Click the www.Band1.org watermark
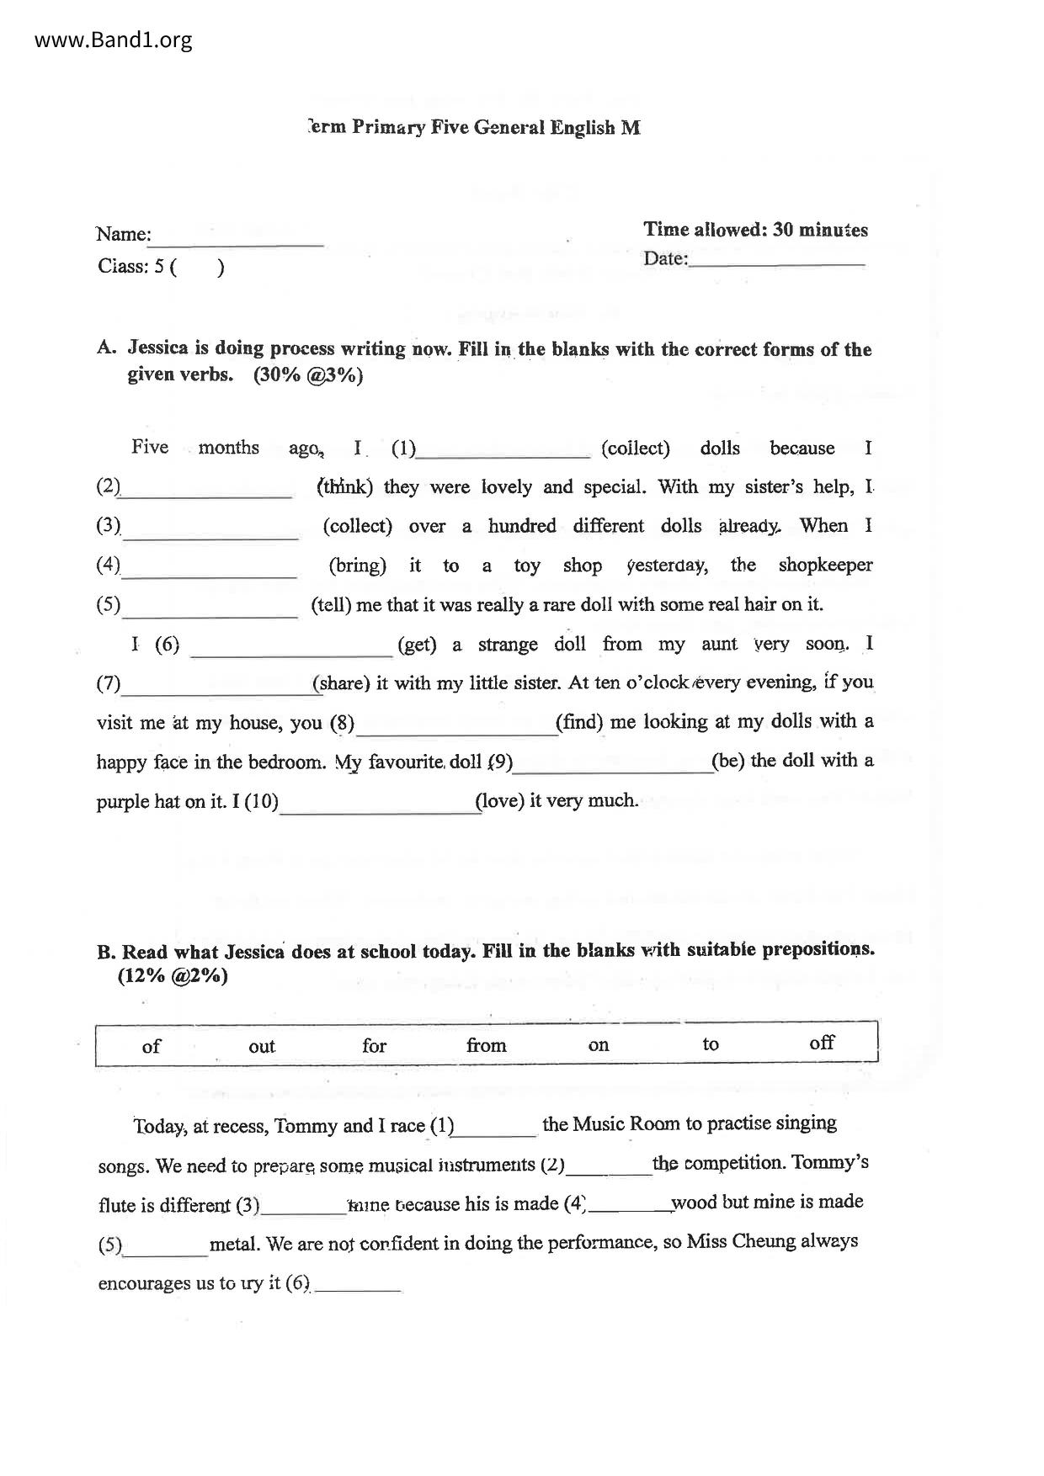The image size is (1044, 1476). (114, 40)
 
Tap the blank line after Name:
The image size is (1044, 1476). (237, 239)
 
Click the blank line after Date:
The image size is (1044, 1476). (776, 259)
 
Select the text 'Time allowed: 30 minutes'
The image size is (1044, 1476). (755, 230)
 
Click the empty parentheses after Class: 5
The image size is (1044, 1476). (198, 268)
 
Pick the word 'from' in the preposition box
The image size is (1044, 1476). (486, 1045)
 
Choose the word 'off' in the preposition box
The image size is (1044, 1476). (821, 1043)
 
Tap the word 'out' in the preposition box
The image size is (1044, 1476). (262, 1046)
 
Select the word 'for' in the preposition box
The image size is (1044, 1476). (374, 1045)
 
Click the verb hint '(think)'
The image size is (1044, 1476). (344, 486)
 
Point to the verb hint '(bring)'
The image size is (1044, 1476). (357, 565)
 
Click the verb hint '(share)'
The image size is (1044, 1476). (342, 682)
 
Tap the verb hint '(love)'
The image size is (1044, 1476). (500, 800)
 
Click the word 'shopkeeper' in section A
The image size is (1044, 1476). (825, 565)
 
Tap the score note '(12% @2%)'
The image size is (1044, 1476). (173, 976)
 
